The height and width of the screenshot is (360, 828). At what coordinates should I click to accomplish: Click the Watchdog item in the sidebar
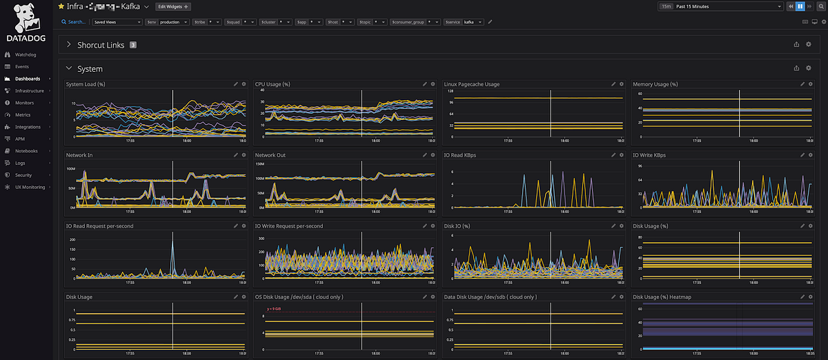[25, 54]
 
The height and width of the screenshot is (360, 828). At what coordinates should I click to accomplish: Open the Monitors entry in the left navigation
[24, 103]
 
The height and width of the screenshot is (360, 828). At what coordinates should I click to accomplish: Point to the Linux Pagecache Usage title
[471, 84]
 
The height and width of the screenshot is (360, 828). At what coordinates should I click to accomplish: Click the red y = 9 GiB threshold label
[275, 308]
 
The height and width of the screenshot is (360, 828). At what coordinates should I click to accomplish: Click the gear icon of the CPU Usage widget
[433, 84]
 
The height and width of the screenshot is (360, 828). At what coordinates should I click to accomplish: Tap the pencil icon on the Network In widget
[235, 155]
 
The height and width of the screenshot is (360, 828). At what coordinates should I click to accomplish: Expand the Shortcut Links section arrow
[69, 45]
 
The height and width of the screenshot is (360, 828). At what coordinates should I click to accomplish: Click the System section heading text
[90, 69]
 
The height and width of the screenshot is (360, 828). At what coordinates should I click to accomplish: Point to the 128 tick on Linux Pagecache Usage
[450, 92]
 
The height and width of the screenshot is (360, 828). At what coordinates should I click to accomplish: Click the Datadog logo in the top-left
[25, 24]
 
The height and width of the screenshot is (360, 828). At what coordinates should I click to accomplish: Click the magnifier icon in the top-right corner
[821, 6]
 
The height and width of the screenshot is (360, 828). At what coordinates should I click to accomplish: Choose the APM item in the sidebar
[20, 139]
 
